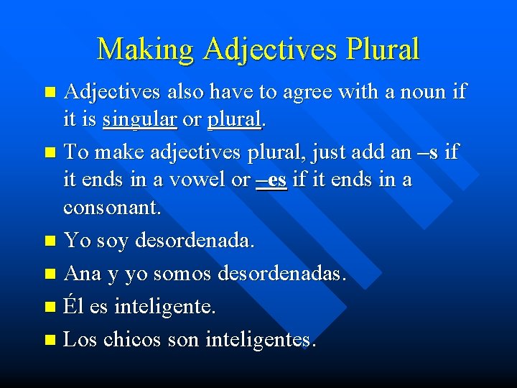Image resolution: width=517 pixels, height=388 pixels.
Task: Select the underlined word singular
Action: coord(139,121)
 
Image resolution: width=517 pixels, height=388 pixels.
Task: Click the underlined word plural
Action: coord(233,121)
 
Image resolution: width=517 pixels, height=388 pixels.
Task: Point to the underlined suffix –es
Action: coord(271,180)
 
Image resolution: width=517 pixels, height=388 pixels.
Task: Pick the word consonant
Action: coord(112,208)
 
